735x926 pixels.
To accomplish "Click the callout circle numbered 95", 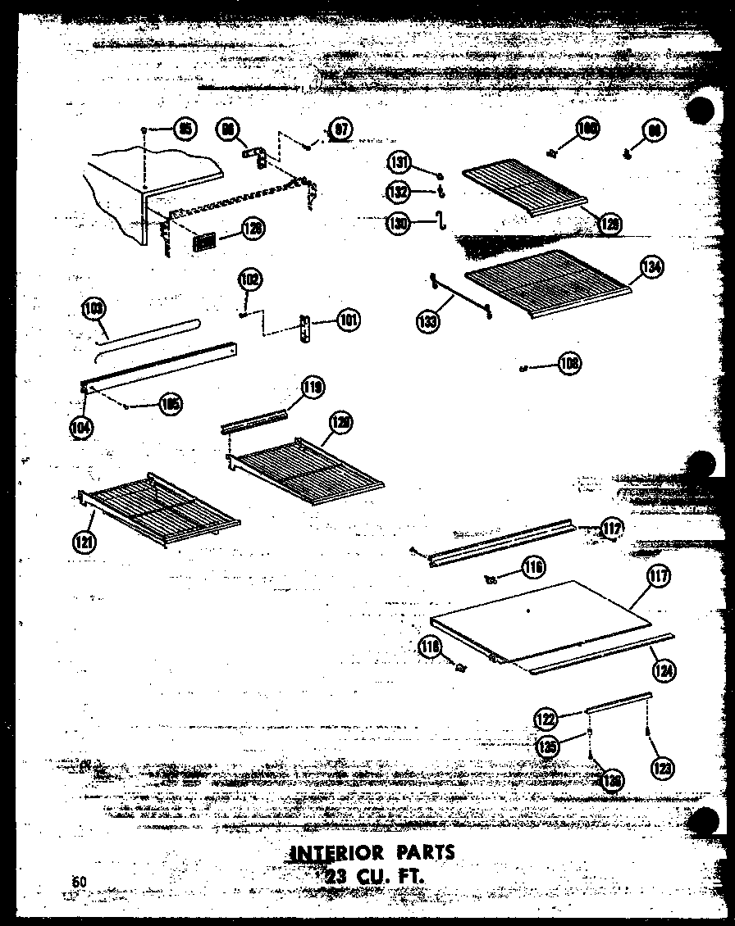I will pos(185,129).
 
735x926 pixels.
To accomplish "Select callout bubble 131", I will pos(399,163).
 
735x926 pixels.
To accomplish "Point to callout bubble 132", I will pos(399,191).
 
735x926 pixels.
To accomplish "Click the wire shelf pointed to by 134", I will pos(546,283).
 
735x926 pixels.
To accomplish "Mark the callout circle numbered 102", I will pos(250,279).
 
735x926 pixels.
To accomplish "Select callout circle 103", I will pos(94,311).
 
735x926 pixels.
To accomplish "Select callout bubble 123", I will pos(661,768).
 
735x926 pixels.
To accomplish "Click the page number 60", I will pos(79,881).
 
